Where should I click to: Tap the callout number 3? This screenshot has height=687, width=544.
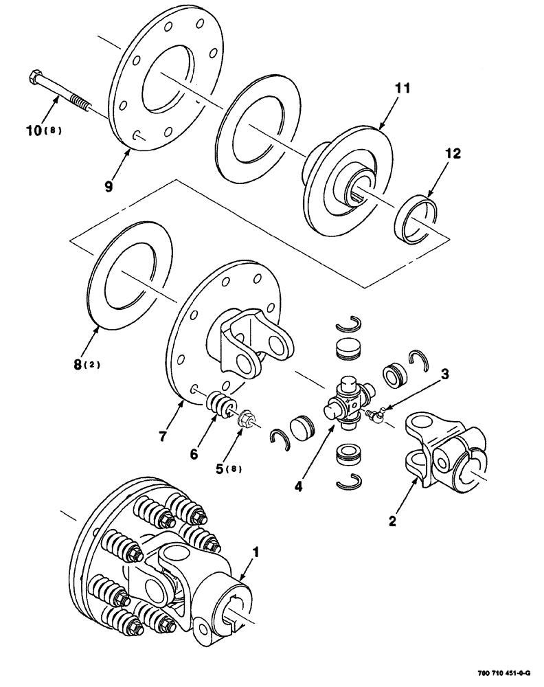click(x=445, y=374)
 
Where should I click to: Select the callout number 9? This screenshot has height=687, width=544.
click(x=110, y=185)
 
